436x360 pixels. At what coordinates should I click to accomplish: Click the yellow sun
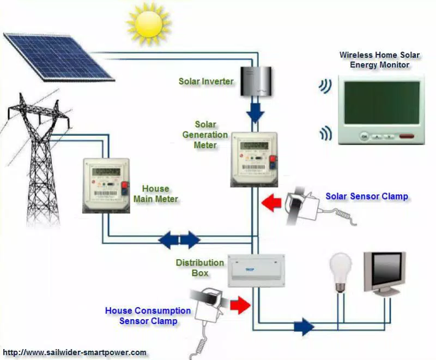click(148, 23)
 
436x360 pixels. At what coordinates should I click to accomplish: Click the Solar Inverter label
click(206, 82)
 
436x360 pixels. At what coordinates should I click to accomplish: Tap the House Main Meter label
click(156, 194)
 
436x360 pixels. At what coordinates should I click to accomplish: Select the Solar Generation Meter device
click(254, 158)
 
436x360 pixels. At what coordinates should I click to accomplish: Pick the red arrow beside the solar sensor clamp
click(271, 203)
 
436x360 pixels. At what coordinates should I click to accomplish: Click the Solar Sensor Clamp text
click(367, 196)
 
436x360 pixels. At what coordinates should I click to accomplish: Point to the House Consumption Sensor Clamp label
click(148, 316)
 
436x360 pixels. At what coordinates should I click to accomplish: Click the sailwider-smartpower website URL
click(75, 352)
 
